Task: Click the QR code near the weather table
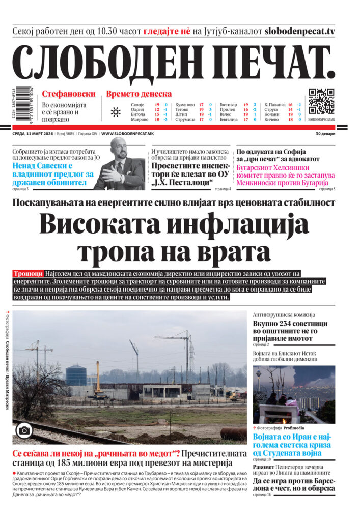point(321,101)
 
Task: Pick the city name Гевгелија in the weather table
point(229,120)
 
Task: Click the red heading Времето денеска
point(139,94)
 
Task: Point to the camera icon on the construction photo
point(23,430)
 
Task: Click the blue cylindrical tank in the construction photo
point(75,375)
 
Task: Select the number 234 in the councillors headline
point(287,324)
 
